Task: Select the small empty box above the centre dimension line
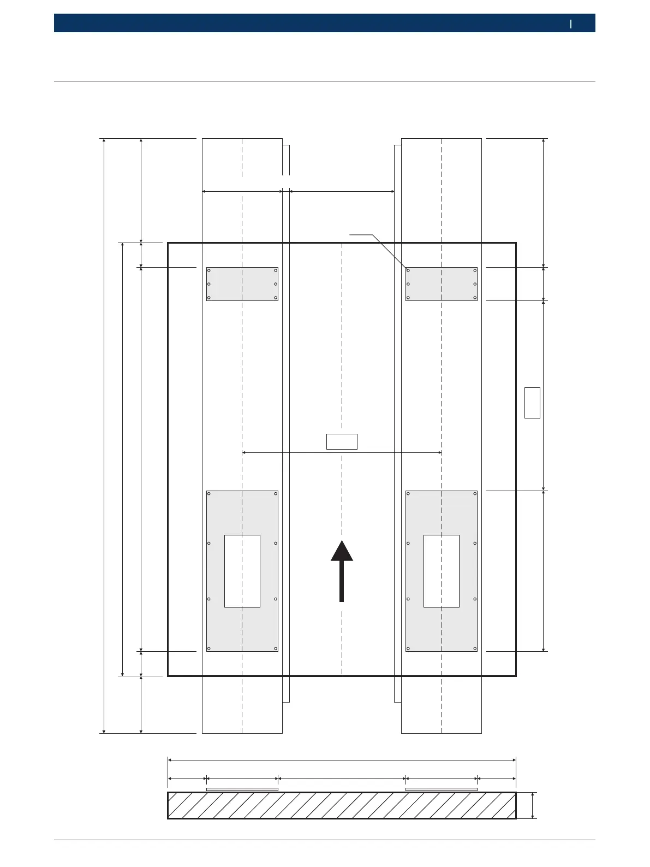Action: [342, 441]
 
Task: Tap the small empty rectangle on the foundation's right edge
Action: [532, 403]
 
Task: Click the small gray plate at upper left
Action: [242, 284]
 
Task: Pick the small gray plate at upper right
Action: [442, 284]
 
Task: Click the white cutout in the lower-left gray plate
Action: [242, 571]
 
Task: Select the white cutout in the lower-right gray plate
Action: [442, 571]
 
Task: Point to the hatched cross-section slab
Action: [342, 805]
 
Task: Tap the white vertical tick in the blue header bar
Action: [571, 23]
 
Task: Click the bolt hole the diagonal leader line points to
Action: [408, 270]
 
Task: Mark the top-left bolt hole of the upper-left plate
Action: [209, 270]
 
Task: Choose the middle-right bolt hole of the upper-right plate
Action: [475, 284]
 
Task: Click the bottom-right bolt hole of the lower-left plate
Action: [276, 648]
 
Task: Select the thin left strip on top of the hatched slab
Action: [242, 789]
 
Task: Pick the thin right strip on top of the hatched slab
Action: [442, 789]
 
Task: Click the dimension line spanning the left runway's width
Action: [242, 191]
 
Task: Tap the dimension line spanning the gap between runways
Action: [342, 191]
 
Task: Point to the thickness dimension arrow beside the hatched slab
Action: [533, 805]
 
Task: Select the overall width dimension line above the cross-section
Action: [342, 759]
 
